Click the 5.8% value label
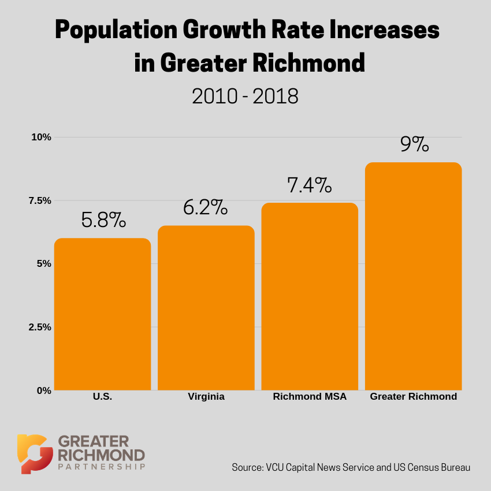click(x=103, y=220)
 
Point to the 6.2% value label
click(x=206, y=207)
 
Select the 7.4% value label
click(x=310, y=185)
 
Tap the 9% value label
click(x=414, y=144)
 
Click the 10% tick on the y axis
click(x=42, y=137)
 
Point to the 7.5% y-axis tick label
click(x=40, y=200)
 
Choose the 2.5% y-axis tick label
click(x=40, y=327)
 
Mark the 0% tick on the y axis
click(x=44, y=390)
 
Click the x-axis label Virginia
click(x=206, y=397)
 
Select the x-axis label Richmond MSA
click(x=310, y=397)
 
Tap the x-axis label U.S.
click(x=102, y=397)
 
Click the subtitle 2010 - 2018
click(x=245, y=96)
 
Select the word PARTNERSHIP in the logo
click(x=101, y=466)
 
